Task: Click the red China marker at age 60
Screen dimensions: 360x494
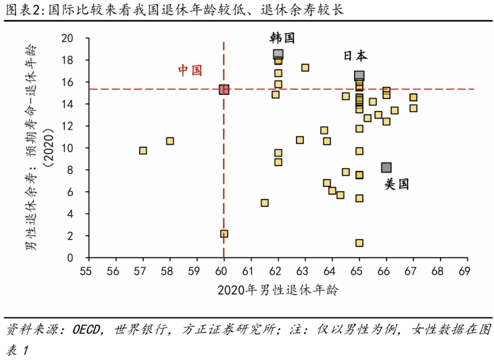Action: click(x=224, y=90)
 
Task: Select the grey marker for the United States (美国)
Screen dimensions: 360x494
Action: click(x=386, y=167)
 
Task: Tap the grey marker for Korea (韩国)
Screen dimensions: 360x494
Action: click(x=278, y=54)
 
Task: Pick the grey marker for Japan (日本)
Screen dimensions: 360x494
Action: click(x=359, y=76)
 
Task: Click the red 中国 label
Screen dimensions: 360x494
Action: click(x=190, y=71)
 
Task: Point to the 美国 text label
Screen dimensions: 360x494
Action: click(x=397, y=184)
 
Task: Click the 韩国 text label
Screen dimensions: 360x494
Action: click(x=283, y=37)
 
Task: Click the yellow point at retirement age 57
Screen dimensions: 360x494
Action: click(x=143, y=150)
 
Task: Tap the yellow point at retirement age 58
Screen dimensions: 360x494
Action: click(x=170, y=141)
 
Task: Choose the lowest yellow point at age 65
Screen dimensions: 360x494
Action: click(x=359, y=243)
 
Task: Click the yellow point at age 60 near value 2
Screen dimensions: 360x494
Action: click(x=224, y=233)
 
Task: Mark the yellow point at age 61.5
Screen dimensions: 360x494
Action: click(x=264, y=203)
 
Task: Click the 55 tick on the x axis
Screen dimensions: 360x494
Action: click(x=89, y=270)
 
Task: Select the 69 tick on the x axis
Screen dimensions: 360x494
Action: click(x=467, y=270)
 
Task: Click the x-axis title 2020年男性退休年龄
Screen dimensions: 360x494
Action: click(x=278, y=290)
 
